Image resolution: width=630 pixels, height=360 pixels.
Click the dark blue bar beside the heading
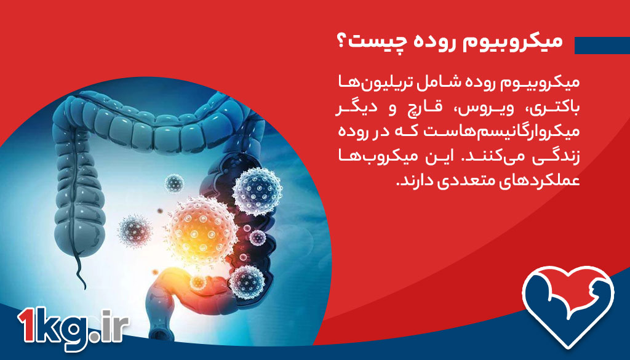click(602, 45)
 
